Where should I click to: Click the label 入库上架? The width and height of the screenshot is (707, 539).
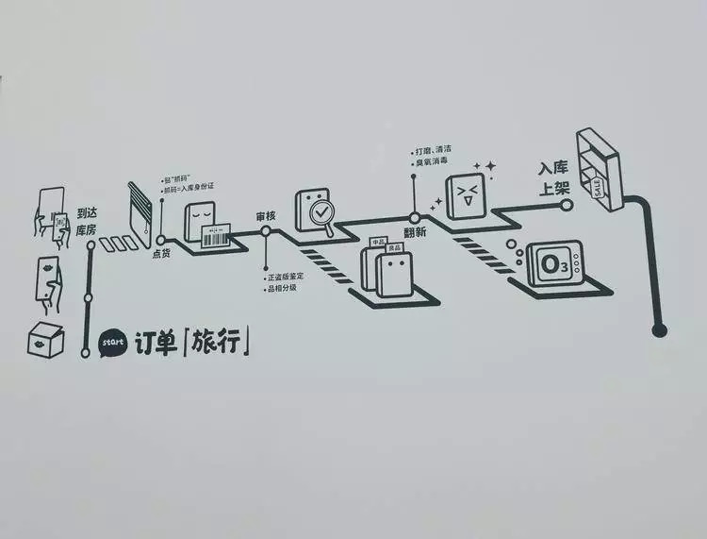(x=554, y=177)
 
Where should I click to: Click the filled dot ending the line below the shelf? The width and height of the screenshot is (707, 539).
(x=659, y=329)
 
